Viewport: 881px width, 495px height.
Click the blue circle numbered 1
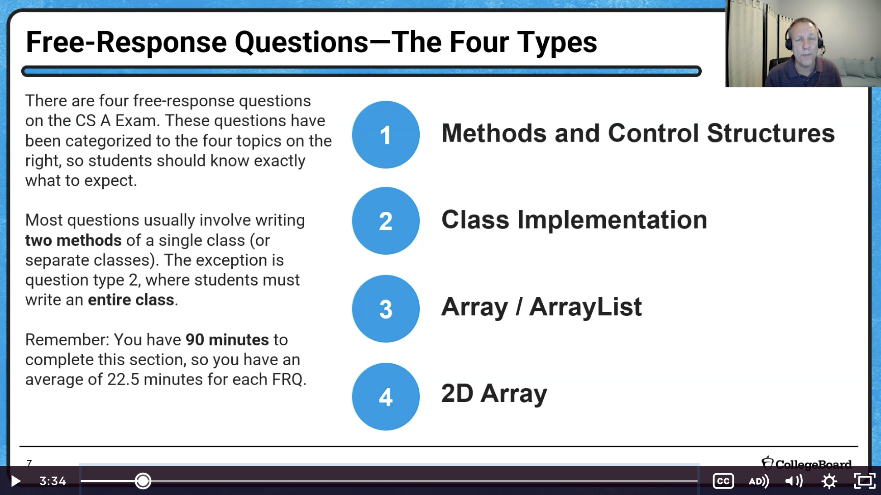pyautogui.click(x=386, y=134)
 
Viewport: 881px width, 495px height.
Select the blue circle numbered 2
pyautogui.click(x=386, y=221)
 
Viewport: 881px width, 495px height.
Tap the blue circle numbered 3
pyautogui.click(x=386, y=309)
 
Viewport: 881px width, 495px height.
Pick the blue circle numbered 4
pyautogui.click(x=386, y=396)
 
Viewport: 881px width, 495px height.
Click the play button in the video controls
pyautogui.click(x=15, y=481)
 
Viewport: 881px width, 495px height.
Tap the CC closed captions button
pyautogui.click(x=723, y=481)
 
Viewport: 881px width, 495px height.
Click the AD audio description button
pyautogui.click(x=759, y=481)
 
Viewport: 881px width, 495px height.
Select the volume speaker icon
pyautogui.click(x=794, y=481)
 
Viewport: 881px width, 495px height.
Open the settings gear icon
pyautogui.click(x=829, y=481)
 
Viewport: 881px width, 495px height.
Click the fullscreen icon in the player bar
pyautogui.click(x=865, y=481)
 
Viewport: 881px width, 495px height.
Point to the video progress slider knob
pyautogui.click(x=143, y=481)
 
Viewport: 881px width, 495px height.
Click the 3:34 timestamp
pyautogui.click(x=53, y=481)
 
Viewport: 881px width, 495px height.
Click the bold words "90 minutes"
pyautogui.click(x=227, y=339)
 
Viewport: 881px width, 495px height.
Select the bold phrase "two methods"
pyautogui.click(x=73, y=240)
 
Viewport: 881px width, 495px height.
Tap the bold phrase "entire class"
pyautogui.click(x=131, y=300)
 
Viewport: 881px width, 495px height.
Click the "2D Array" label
pyautogui.click(x=494, y=393)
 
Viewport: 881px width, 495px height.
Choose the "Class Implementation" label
pyautogui.click(x=574, y=220)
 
